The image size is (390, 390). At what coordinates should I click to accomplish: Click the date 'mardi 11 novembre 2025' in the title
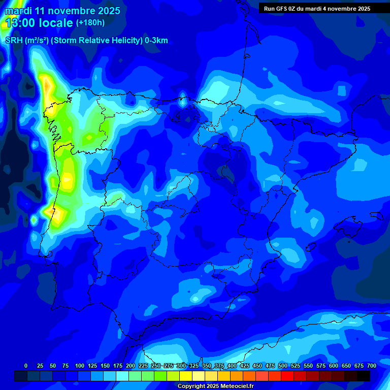pyautogui.click(x=62, y=11)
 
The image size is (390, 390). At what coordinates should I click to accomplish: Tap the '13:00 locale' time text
pyautogui.click(x=39, y=23)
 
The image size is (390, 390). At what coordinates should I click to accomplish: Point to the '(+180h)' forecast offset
pyautogui.click(x=90, y=22)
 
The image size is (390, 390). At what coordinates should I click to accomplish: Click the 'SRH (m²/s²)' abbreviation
pyautogui.click(x=26, y=41)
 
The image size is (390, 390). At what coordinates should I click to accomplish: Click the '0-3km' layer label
pyautogui.click(x=156, y=41)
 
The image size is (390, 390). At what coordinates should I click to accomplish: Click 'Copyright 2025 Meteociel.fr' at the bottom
pyautogui.click(x=215, y=386)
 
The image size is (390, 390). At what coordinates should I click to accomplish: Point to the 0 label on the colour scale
pyautogui.click(x=26, y=366)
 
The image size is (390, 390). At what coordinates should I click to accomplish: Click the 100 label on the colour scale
pyautogui.click(x=80, y=366)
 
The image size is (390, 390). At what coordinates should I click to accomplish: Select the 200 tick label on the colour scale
pyautogui.click(x=131, y=366)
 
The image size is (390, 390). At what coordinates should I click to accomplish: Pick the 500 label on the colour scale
pyautogui.click(x=283, y=366)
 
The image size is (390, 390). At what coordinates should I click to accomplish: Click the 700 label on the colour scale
pyautogui.click(x=372, y=366)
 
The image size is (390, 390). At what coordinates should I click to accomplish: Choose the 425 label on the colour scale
pyautogui.click(x=245, y=366)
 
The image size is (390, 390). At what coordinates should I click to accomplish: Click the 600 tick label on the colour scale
pyautogui.click(x=334, y=366)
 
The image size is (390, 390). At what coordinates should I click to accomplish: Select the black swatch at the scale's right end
pyautogui.click(x=364, y=376)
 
